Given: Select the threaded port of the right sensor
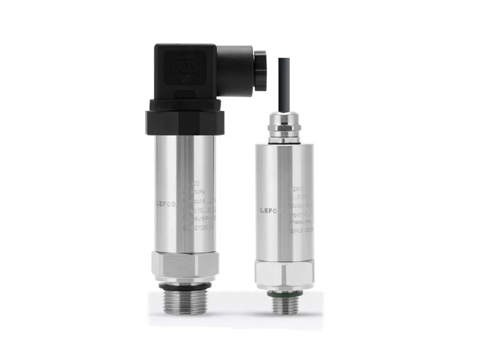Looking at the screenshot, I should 284,304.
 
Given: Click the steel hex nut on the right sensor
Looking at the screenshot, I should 284,273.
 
